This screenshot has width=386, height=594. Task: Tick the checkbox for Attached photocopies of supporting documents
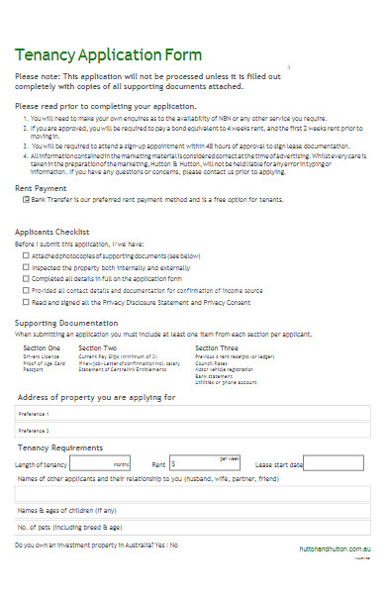click(26, 255)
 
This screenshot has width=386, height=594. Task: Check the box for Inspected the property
click(26, 267)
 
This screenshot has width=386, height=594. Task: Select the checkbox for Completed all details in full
click(26, 279)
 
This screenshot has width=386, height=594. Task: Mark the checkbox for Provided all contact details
click(26, 291)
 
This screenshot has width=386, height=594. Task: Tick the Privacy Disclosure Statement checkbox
click(26, 303)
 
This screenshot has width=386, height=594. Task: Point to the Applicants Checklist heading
click(55, 232)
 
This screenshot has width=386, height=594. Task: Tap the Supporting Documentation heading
click(65, 323)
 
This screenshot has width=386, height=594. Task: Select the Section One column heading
click(42, 348)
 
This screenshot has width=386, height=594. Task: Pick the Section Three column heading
click(216, 348)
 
